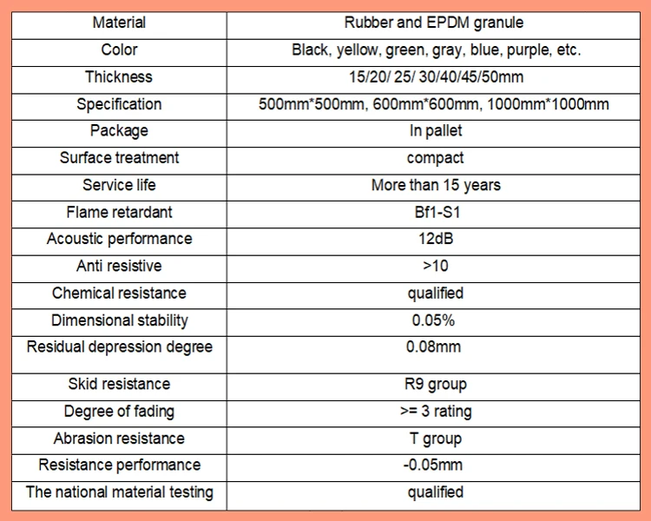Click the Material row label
click(119, 23)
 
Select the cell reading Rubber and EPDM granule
click(435, 23)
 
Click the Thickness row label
click(119, 76)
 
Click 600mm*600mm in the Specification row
click(435, 104)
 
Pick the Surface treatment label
click(119, 158)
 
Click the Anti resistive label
click(119, 266)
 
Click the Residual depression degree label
click(119, 347)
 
